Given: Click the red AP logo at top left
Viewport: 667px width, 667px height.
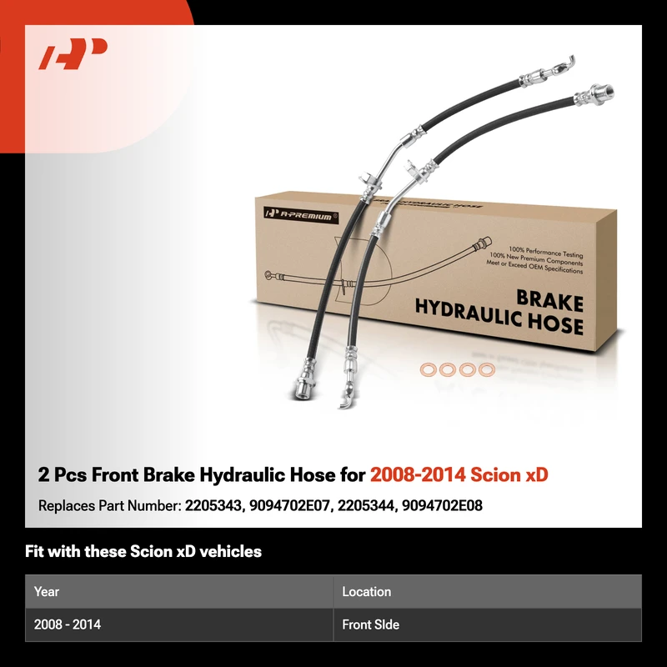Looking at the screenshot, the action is click(73, 53).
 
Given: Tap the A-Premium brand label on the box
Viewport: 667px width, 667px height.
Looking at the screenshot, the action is click(301, 215).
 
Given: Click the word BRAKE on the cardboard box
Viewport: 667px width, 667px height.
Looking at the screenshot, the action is click(549, 301).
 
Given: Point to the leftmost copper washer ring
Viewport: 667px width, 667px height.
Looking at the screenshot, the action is click(429, 369).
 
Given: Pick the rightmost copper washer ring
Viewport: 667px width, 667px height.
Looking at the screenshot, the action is click(487, 369).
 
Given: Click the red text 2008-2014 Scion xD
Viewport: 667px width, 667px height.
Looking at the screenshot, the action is click(459, 474).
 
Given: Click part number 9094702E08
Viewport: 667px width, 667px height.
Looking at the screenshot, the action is click(443, 506).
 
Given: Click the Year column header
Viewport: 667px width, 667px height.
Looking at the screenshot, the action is click(47, 592).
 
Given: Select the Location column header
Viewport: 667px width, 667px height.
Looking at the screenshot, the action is click(367, 592).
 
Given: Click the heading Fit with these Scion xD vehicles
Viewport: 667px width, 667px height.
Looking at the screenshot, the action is click(143, 551).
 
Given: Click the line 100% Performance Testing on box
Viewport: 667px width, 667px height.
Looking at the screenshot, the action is click(545, 252).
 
